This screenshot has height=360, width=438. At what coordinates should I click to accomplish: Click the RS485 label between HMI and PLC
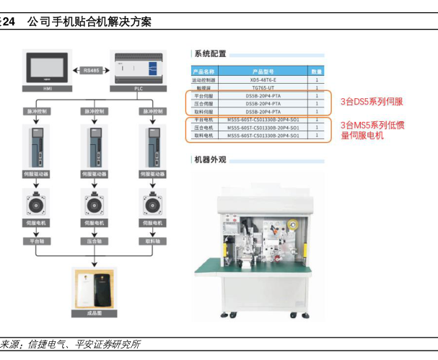coord(92,70)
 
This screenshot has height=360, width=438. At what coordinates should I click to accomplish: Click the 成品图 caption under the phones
coord(93,314)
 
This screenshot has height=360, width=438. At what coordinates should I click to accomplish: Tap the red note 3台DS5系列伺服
coord(372,102)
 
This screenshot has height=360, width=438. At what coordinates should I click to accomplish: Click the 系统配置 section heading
coord(209,53)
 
